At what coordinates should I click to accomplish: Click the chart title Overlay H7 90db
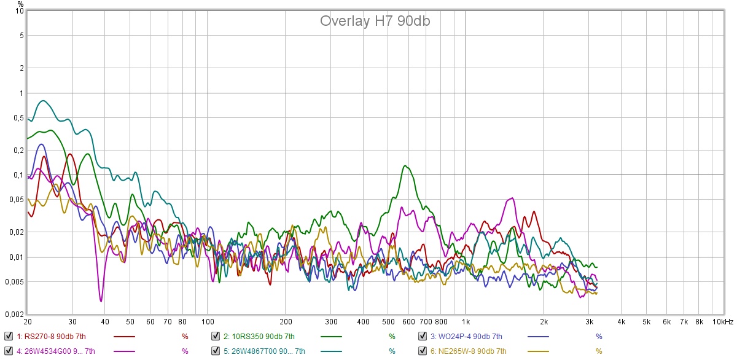pos(375,21)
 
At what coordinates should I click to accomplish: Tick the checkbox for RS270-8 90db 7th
pos(8,336)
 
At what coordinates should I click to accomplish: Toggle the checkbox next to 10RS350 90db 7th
pos(216,336)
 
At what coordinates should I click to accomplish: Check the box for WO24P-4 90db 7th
pos(423,336)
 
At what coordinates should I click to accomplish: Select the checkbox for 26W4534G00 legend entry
pos(8,351)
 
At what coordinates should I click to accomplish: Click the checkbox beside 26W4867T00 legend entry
pos(216,351)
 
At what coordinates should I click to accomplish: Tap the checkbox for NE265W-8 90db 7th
pos(423,351)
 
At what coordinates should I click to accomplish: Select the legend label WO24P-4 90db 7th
pos(466,336)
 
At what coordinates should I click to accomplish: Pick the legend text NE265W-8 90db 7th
pos(468,351)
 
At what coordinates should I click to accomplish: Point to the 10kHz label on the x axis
pos(722,322)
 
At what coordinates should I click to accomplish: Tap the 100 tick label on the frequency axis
pos(208,322)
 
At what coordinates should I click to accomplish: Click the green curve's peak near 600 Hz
pos(405,165)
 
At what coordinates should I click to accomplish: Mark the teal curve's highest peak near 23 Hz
pos(42,101)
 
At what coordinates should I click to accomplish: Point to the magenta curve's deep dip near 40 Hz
pos(101,301)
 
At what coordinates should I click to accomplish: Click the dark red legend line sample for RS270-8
pos(125,336)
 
